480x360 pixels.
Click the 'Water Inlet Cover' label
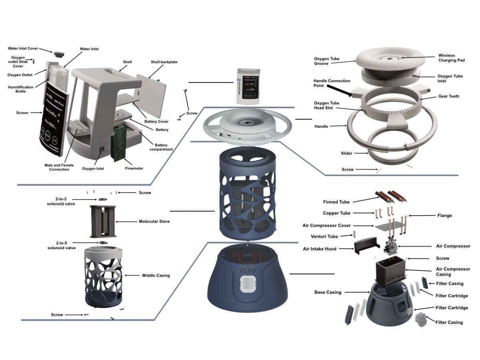tap(23, 48)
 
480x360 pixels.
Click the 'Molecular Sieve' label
tap(154, 221)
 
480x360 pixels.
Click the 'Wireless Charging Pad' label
tap(452, 58)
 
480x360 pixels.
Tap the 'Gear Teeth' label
tap(448, 96)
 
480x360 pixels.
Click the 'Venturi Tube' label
tap(324, 236)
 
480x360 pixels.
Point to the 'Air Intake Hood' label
tap(320, 249)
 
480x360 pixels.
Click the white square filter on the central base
tap(248, 288)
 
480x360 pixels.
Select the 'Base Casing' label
tap(328, 292)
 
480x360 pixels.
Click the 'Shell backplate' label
tap(164, 62)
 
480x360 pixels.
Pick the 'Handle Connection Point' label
tap(332, 83)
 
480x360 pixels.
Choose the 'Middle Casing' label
tap(156, 275)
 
